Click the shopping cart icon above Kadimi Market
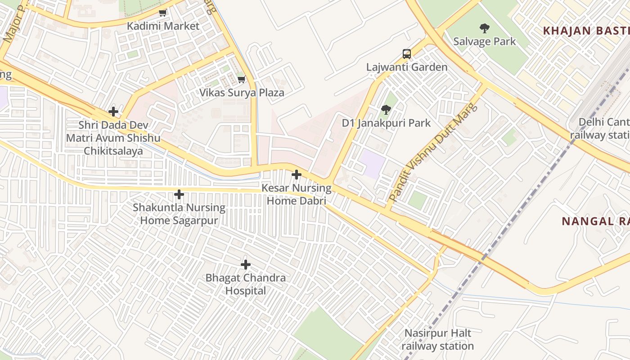(x=163, y=13)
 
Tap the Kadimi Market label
(x=163, y=26)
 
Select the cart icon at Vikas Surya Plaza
(x=242, y=80)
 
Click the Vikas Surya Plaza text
(x=242, y=93)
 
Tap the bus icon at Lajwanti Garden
(x=407, y=54)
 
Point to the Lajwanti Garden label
(x=407, y=67)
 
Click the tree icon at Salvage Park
(x=485, y=28)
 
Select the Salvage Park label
(x=485, y=41)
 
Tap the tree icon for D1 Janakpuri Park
(x=386, y=109)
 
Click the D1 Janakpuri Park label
(x=386, y=123)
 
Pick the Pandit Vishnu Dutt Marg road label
(x=432, y=152)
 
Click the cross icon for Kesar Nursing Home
(x=297, y=175)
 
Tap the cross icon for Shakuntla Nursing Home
(x=179, y=194)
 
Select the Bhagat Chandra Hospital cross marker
(x=246, y=264)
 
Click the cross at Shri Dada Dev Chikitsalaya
(x=113, y=111)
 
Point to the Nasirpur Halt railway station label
(x=437, y=340)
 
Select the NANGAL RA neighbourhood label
(x=594, y=221)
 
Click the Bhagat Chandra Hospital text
(x=246, y=284)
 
